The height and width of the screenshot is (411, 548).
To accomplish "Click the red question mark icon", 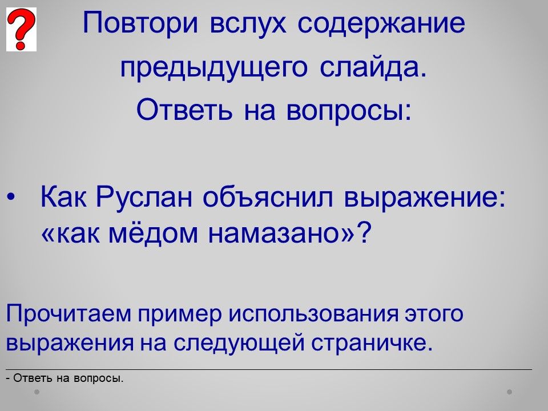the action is (21, 30).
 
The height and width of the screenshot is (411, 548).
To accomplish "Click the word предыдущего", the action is (214, 68).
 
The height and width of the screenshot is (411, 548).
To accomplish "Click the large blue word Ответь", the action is (184, 109).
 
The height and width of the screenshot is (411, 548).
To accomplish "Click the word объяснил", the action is (268, 196).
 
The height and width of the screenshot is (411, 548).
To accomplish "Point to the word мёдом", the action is (153, 233).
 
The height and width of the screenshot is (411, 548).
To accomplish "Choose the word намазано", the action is (276, 235).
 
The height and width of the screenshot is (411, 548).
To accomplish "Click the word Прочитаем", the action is (69, 314).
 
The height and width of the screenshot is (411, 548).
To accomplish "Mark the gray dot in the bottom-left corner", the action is (37, 392).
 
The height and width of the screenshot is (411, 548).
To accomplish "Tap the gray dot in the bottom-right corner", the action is (510, 392).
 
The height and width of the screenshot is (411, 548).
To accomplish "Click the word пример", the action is (180, 315).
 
